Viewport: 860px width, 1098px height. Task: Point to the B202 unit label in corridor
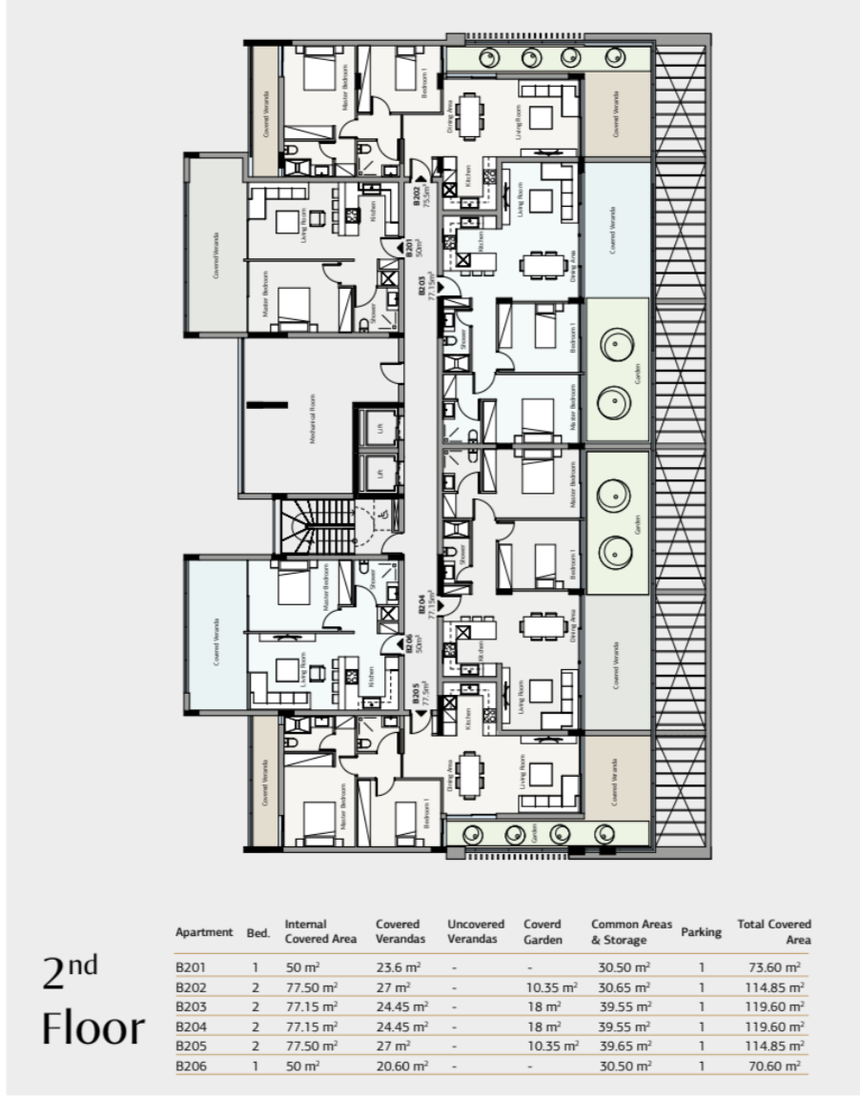420,202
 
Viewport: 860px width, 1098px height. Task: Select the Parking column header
701,932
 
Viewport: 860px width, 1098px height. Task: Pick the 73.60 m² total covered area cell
773,966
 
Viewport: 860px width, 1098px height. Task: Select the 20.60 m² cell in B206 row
400,1066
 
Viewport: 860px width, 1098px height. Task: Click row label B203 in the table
192,1006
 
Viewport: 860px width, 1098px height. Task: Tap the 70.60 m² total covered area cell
773,1066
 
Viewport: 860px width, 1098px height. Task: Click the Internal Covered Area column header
319,931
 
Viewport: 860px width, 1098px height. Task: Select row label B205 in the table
192,1046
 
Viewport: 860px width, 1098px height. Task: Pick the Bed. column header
258,932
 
